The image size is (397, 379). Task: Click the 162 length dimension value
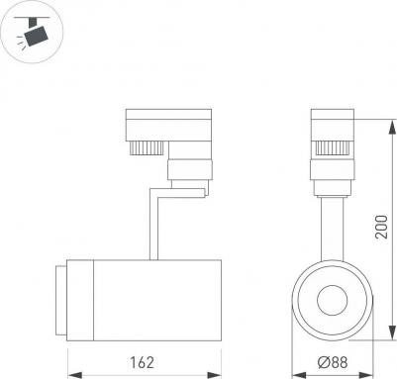tap(142, 362)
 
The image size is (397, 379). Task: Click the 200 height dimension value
tap(381, 227)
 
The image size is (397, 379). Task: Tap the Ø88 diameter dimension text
tap(333, 362)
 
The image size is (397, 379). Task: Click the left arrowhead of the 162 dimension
tap(74, 375)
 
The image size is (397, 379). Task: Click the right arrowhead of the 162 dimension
tap(214, 375)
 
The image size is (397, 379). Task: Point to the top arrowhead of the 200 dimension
tap(392, 127)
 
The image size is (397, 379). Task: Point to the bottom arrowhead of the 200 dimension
tap(392, 332)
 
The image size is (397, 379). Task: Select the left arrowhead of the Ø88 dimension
tap(299, 375)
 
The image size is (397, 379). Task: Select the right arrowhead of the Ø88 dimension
tap(365, 375)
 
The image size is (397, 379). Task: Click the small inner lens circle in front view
tap(333, 300)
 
